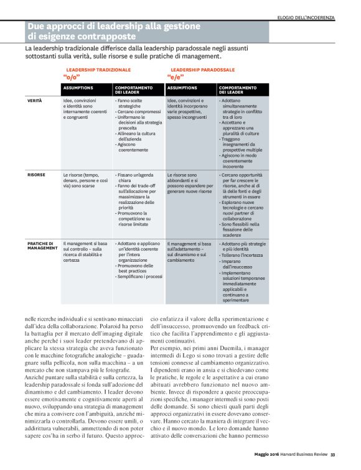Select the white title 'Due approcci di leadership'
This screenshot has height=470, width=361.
coord(114,27)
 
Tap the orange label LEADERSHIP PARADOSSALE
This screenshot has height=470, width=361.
coord(202,70)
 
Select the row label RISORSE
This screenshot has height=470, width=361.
coord(36,175)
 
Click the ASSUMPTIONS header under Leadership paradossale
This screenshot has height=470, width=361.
coord(182,88)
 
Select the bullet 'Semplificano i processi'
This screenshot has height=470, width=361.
coord(140,276)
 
